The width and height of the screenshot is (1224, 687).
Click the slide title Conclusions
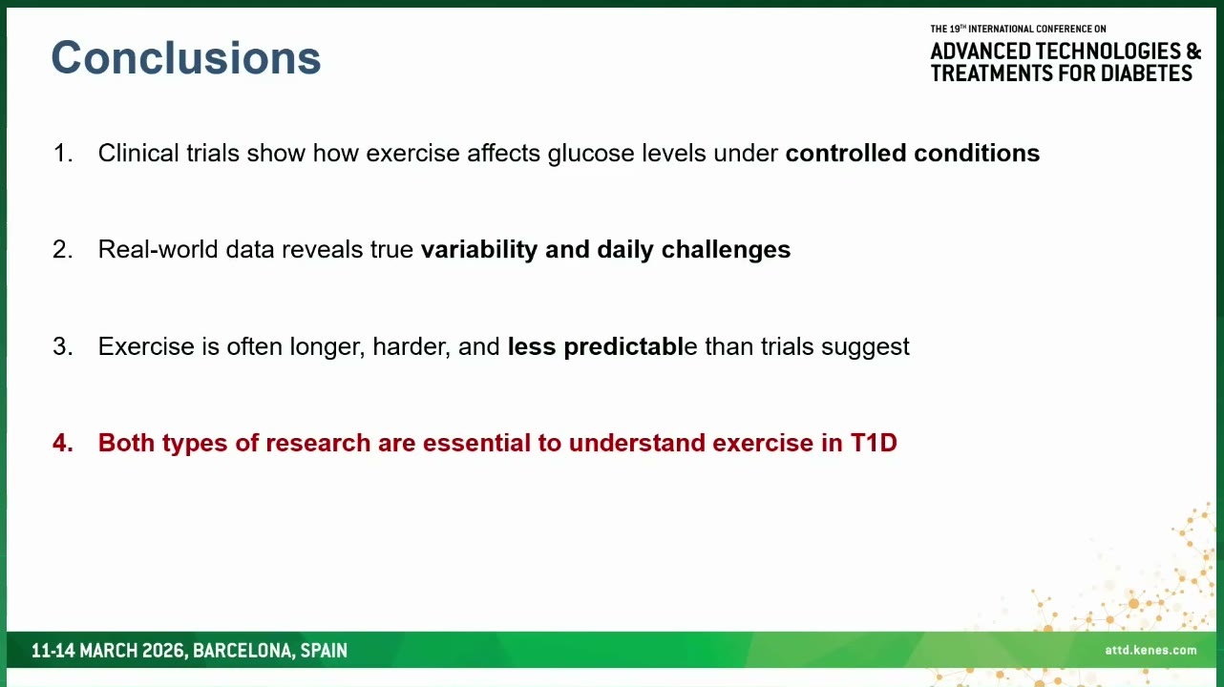[186, 57]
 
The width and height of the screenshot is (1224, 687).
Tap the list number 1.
[63, 153]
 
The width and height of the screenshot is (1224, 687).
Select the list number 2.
[63, 250]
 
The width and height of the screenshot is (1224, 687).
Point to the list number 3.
[63, 346]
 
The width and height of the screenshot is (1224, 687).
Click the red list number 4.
[63, 443]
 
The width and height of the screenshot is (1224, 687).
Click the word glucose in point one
[591, 154]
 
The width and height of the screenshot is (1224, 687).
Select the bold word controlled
[845, 153]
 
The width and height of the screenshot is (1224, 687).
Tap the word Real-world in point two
[158, 250]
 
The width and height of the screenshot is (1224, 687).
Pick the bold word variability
[478, 250]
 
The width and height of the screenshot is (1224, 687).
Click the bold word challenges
[726, 250]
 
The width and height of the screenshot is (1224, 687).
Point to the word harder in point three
[412, 346]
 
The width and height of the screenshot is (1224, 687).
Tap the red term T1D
[874, 443]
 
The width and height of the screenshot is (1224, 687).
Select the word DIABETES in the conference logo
[1146, 73]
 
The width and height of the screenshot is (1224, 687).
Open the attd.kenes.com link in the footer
[1150, 650]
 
